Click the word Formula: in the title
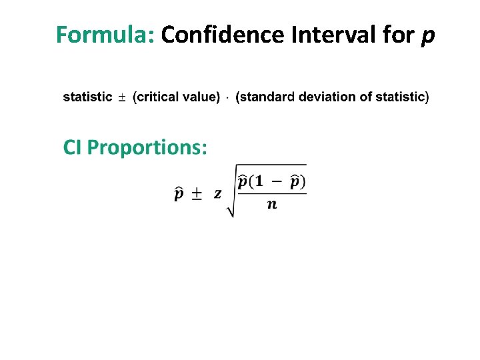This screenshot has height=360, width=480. [x=105, y=35]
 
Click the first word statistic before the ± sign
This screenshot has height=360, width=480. [x=87, y=97]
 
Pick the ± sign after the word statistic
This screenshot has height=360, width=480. [x=122, y=98]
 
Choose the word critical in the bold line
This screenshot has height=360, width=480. [x=158, y=97]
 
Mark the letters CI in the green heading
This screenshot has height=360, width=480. [x=73, y=147]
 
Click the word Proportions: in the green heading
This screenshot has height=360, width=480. [x=147, y=147]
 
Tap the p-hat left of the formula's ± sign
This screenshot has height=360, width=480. [x=179, y=194]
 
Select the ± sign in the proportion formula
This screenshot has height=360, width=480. [x=197, y=194]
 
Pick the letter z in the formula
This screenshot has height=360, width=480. [x=217, y=194]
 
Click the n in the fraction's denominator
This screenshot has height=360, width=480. [x=271, y=204]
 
